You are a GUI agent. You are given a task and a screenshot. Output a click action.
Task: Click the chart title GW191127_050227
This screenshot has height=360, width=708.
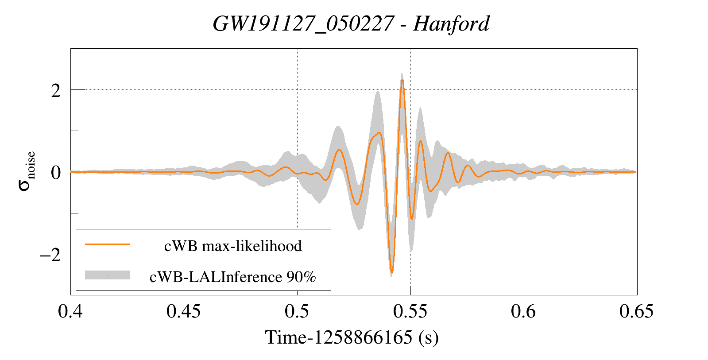pos(303,24)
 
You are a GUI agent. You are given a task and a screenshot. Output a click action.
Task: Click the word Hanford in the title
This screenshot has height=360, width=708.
pos(451,24)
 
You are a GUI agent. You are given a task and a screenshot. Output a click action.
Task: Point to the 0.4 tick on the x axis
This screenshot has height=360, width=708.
pos(70,312)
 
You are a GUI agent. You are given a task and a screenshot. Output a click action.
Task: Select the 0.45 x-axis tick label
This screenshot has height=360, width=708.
pos(183,312)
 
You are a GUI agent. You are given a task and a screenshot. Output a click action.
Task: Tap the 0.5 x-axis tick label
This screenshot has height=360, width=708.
pos(297,312)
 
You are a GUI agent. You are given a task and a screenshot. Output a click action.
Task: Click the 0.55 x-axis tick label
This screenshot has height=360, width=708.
pos(410,312)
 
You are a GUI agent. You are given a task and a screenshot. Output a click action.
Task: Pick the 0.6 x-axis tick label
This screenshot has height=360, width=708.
pos(523,312)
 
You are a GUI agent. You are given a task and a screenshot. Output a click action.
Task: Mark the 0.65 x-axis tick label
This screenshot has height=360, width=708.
pos(636,312)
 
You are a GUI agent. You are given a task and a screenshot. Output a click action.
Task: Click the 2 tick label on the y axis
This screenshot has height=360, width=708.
pos(56,91)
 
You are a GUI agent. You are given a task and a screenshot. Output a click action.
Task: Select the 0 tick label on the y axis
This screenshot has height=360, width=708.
pos(56,173)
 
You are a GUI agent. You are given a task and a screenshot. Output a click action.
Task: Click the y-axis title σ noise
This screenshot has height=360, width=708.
pos(27,171)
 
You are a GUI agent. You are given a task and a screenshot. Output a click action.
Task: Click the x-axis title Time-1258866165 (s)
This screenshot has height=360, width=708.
pos(352,337)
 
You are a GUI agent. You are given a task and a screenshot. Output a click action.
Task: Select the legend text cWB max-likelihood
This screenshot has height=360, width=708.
pos(233,246)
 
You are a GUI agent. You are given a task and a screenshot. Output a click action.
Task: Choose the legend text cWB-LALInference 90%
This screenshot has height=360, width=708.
pos(233,277)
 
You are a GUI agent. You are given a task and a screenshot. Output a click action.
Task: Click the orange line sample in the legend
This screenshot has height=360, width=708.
pos(108,244)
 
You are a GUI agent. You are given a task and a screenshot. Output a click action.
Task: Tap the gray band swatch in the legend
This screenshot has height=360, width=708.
pos(108,275)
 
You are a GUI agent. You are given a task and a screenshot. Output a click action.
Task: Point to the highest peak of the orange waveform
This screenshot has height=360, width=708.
pos(402,80)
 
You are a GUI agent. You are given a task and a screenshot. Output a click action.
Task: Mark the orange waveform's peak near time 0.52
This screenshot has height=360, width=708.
pos(340,150)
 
